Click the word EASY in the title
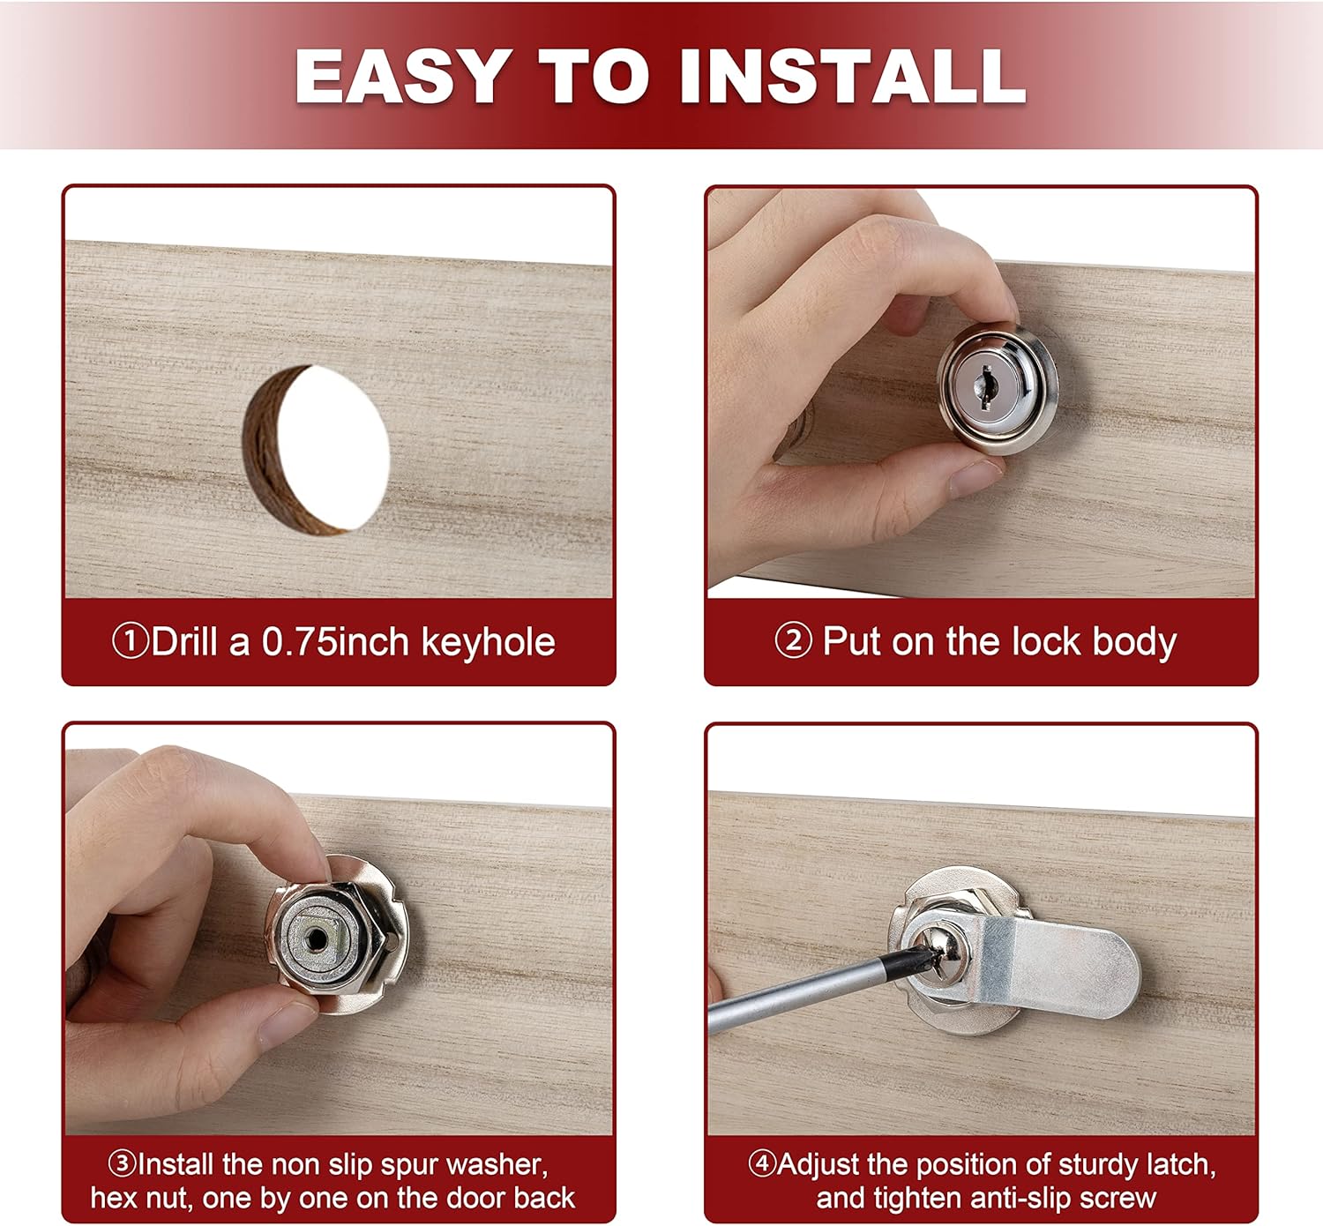click(x=404, y=76)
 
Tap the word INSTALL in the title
click(x=853, y=76)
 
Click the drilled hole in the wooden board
click(x=316, y=450)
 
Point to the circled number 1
click(x=130, y=641)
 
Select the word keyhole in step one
click(x=489, y=642)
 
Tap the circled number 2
click(x=794, y=640)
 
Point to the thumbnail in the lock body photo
click(x=975, y=478)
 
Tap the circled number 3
click(x=122, y=1163)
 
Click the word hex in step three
click(x=110, y=1198)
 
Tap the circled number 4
click(x=763, y=1163)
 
